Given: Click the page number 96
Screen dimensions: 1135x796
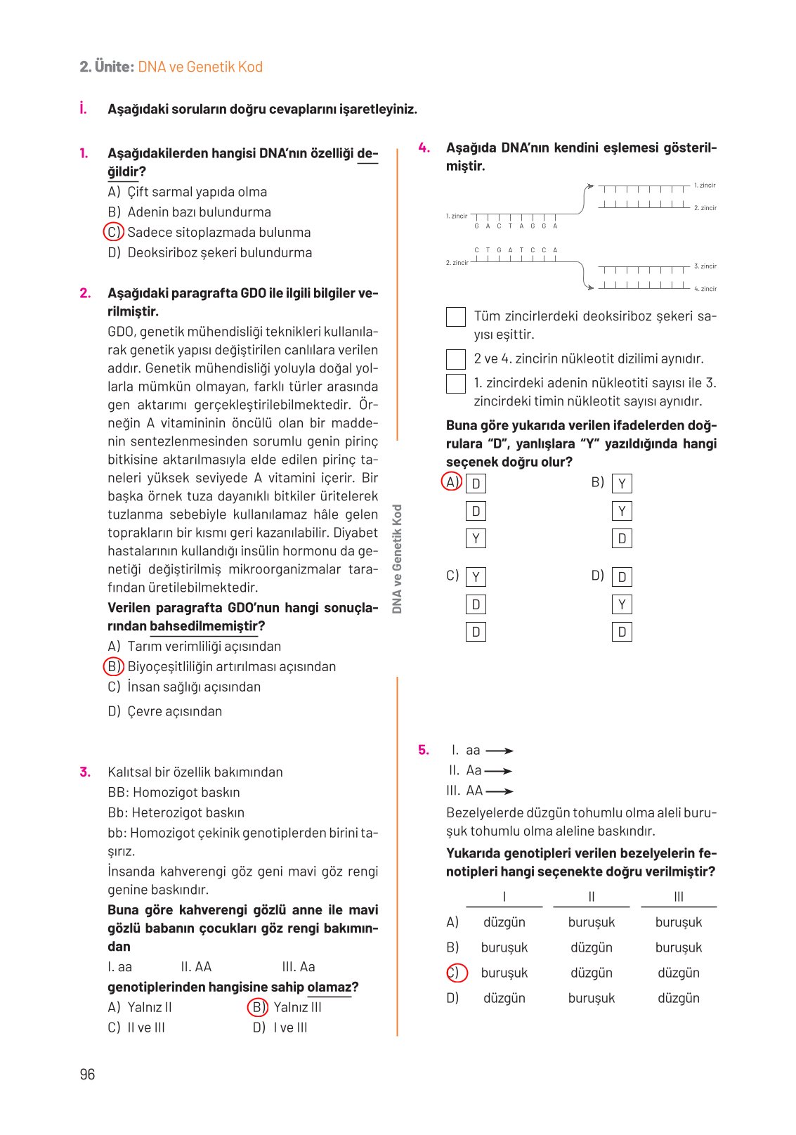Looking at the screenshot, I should coord(87,1074).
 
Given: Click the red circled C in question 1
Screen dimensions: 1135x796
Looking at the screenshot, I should coord(113,232).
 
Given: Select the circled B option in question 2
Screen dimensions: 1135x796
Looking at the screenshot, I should coord(113,666).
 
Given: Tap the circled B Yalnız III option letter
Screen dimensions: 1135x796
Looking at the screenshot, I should coord(258,1007).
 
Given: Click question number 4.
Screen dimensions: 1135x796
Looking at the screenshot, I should coord(424,148).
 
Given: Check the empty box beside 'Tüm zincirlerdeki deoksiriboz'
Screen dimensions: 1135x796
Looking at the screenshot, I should coord(456,317).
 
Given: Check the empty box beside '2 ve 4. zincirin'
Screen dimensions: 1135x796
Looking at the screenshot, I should coord(456,359).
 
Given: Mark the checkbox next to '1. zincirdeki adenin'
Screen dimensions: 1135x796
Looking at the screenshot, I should coord(456,384).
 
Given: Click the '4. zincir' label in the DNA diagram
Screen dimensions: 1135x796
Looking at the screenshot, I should coord(705,289).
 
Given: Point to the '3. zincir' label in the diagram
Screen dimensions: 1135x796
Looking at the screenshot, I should coord(705,266).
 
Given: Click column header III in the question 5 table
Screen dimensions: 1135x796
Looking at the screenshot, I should coord(678,897).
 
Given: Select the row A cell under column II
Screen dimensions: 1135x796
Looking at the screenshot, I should coord(591,922).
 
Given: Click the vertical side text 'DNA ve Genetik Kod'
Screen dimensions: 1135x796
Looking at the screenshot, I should coord(397,559).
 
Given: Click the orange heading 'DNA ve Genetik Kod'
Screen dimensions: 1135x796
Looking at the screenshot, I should coord(200,67).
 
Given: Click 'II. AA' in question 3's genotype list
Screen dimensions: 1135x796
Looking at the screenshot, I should coord(196,966).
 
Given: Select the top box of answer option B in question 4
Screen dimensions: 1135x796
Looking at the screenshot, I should coord(622,484).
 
